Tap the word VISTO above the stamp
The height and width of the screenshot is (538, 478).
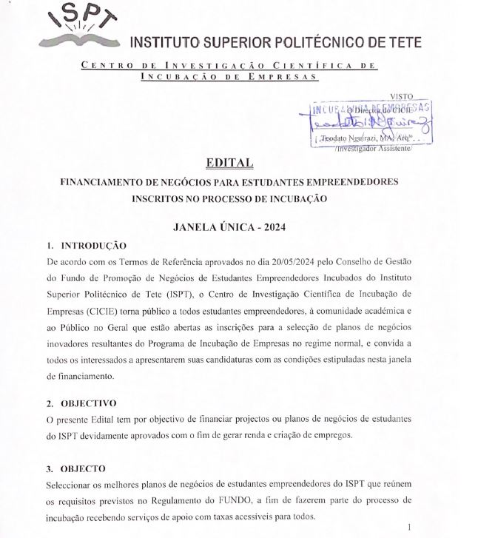point(400,96)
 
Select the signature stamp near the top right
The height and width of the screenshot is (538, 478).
point(370,123)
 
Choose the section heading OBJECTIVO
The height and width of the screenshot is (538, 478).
point(88,403)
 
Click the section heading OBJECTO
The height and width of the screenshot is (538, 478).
point(83,468)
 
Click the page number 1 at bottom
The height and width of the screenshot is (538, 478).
point(420,527)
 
